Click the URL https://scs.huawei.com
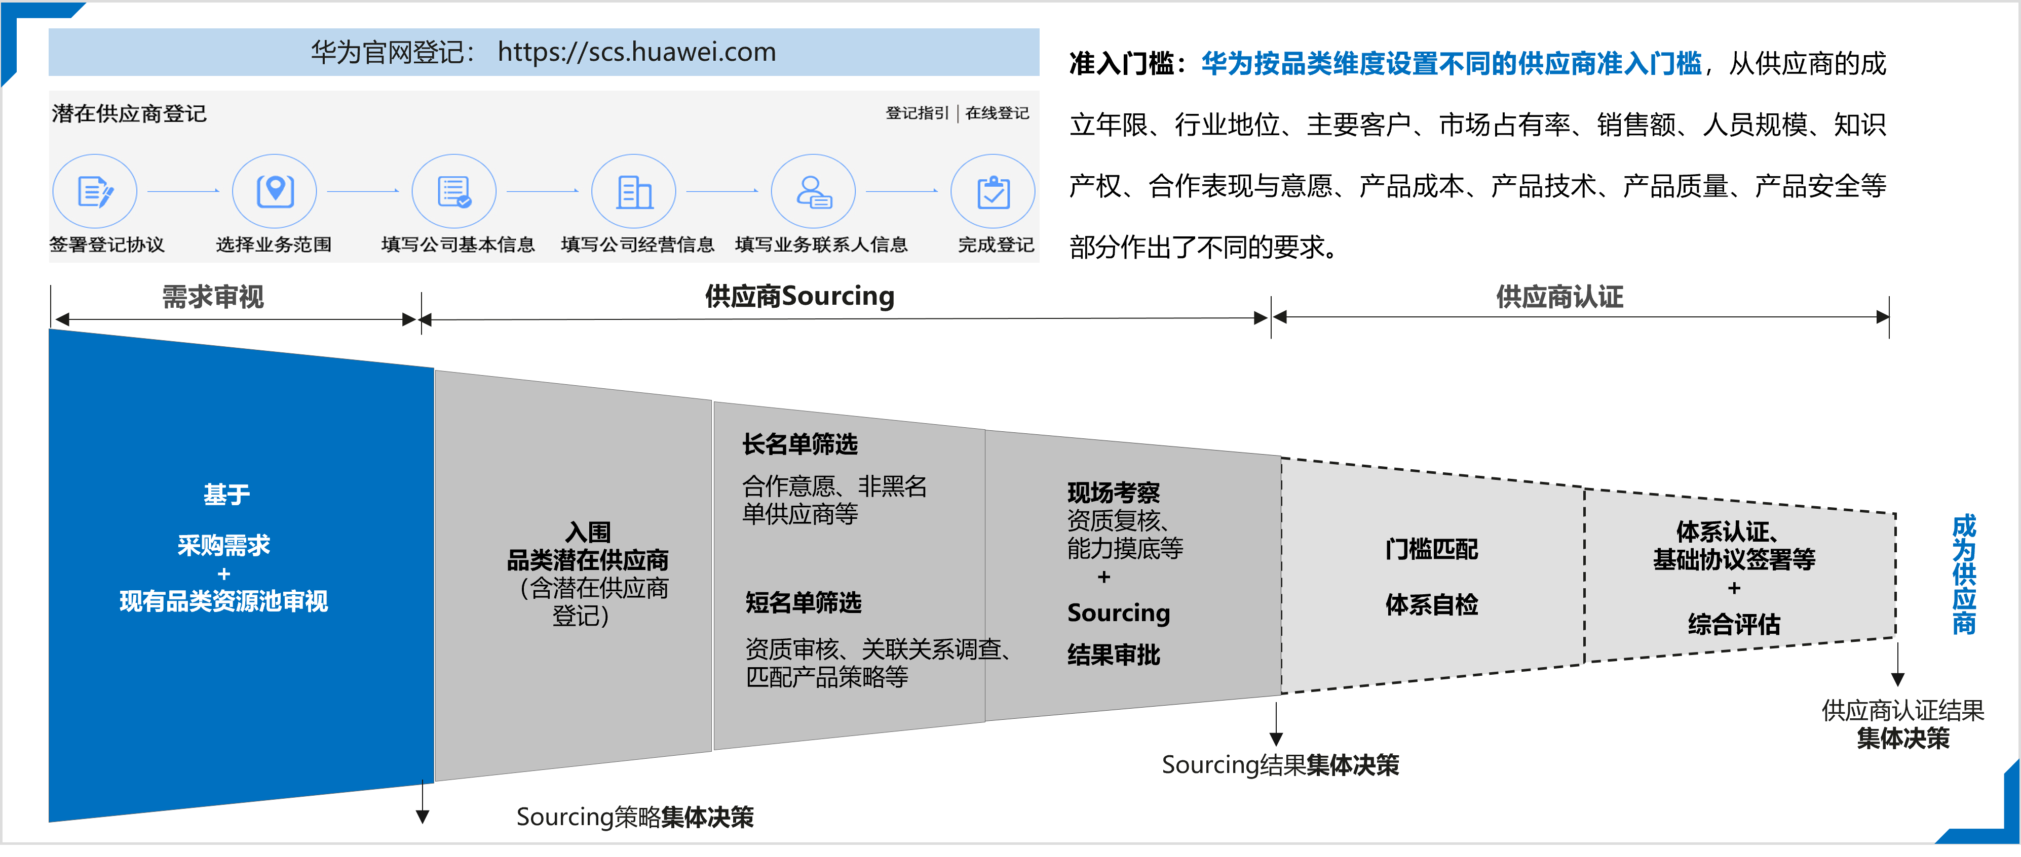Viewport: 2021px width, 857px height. [x=636, y=53]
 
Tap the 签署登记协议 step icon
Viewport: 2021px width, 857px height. [x=95, y=191]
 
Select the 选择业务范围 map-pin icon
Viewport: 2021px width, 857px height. [x=275, y=191]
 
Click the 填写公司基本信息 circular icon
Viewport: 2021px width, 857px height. [x=454, y=191]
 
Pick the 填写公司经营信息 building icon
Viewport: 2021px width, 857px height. [x=634, y=191]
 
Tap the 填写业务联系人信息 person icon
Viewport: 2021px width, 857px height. [x=814, y=191]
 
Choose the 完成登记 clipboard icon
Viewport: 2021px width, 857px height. [x=993, y=191]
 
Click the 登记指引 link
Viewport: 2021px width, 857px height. [x=917, y=113]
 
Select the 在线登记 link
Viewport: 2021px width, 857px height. [x=997, y=113]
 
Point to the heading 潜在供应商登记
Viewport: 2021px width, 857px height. [x=130, y=114]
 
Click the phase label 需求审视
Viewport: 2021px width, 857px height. [x=213, y=297]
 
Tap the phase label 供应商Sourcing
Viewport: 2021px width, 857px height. [x=799, y=297]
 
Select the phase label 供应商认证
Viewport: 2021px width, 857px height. [x=1559, y=297]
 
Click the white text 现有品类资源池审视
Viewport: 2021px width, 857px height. [x=223, y=601]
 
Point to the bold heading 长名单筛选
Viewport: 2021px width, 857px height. [x=800, y=444]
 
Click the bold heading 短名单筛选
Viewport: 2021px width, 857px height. [x=804, y=602]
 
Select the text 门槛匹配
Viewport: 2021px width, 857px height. [x=1432, y=549]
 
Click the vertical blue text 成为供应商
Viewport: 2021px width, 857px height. [x=1965, y=574]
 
